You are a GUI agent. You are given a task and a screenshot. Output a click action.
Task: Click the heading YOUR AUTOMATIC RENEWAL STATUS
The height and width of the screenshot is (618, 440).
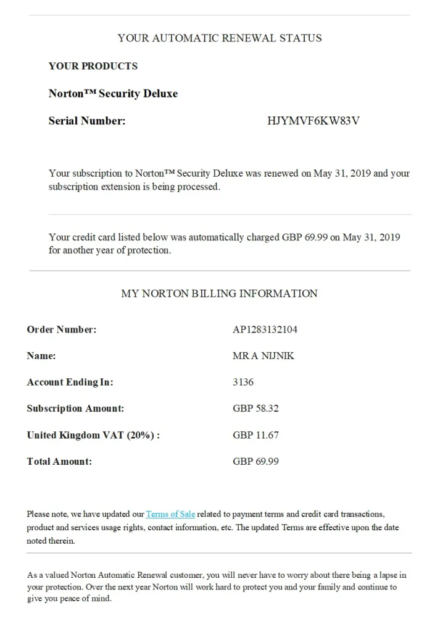[220, 38]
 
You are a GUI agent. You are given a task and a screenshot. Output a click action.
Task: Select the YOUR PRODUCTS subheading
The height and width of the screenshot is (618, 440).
[93, 66]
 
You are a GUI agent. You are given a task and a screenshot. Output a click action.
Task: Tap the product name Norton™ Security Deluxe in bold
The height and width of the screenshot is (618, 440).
[113, 94]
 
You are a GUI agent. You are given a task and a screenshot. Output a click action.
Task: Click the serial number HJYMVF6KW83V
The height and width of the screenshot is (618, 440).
[313, 121]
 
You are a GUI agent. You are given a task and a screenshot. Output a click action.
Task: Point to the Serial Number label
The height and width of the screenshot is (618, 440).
[87, 121]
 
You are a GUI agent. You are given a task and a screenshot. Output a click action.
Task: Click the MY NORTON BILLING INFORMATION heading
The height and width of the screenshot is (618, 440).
[219, 294]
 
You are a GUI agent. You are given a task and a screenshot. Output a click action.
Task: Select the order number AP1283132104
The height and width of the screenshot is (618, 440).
[265, 329]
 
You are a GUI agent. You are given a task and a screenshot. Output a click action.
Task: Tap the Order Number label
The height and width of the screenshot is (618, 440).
[62, 329]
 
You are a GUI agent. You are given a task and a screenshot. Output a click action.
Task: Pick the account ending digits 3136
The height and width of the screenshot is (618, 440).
[243, 382]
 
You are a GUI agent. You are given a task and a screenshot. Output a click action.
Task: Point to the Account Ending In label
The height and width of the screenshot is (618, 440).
[70, 383]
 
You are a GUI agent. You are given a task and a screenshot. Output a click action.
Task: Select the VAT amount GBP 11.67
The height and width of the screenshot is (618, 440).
[255, 435]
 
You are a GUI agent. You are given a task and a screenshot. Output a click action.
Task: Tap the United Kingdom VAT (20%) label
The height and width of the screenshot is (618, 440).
[93, 435]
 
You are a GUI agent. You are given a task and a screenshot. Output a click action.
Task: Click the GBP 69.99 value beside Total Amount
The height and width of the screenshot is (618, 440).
[255, 462]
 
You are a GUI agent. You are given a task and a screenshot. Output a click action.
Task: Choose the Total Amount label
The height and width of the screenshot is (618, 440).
[59, 462]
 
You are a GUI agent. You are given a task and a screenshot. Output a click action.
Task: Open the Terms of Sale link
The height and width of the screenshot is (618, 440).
[170, 514]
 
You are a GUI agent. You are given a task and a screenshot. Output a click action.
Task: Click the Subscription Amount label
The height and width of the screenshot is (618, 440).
[75, 408]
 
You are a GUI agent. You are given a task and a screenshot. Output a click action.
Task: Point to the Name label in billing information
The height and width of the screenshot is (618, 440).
[41, 356]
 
